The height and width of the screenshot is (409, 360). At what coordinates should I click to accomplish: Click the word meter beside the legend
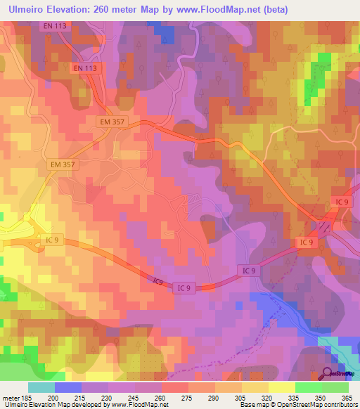point(11,398)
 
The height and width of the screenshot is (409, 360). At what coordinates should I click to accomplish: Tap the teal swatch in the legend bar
point(41,387)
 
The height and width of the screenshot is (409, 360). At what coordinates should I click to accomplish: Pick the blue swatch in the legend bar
point(68,387)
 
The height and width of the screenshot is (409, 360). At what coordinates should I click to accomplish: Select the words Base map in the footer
point(250,405)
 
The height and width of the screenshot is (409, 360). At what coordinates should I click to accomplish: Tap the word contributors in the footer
point(339,405)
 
